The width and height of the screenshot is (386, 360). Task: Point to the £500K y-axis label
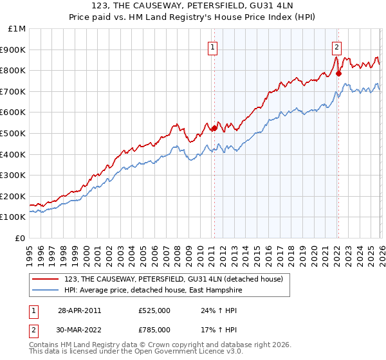point(13,133)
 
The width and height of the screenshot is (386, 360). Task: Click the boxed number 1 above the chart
point(213,46)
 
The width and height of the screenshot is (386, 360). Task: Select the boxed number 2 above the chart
point(336,46)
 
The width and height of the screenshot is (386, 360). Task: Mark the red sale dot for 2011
point(214,128)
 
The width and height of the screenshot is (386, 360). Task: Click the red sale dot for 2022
point(338,73)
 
